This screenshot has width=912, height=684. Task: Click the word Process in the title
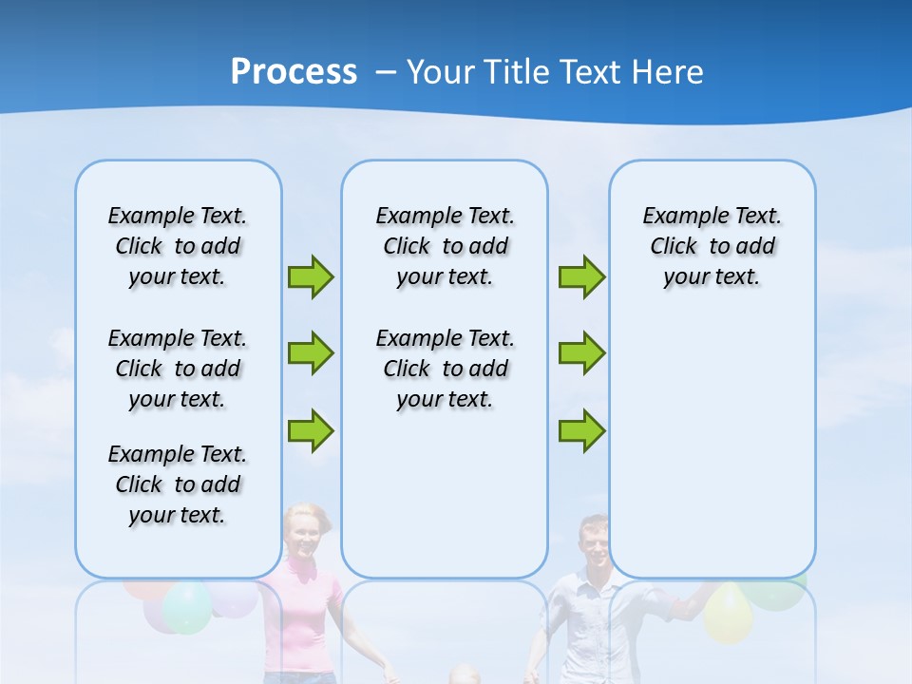point(294,72)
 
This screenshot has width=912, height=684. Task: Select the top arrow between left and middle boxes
point(311,276)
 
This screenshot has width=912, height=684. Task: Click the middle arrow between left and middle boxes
point(311,353)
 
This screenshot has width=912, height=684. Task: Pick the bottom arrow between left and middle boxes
point(311,430)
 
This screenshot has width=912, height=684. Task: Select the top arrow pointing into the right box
point(581,276)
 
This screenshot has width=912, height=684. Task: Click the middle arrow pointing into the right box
point(581,353)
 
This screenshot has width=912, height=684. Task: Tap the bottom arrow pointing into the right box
point(581,430)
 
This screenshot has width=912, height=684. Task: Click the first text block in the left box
point(178,246)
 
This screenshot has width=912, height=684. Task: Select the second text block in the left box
point(178,369)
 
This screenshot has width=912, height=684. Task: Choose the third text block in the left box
point(178,484)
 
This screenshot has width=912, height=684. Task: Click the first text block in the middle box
point(445,246)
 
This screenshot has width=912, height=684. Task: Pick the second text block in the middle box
point(445,369)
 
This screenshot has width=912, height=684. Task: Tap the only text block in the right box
point(712,246)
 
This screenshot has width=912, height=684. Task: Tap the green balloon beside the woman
point(187,608)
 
